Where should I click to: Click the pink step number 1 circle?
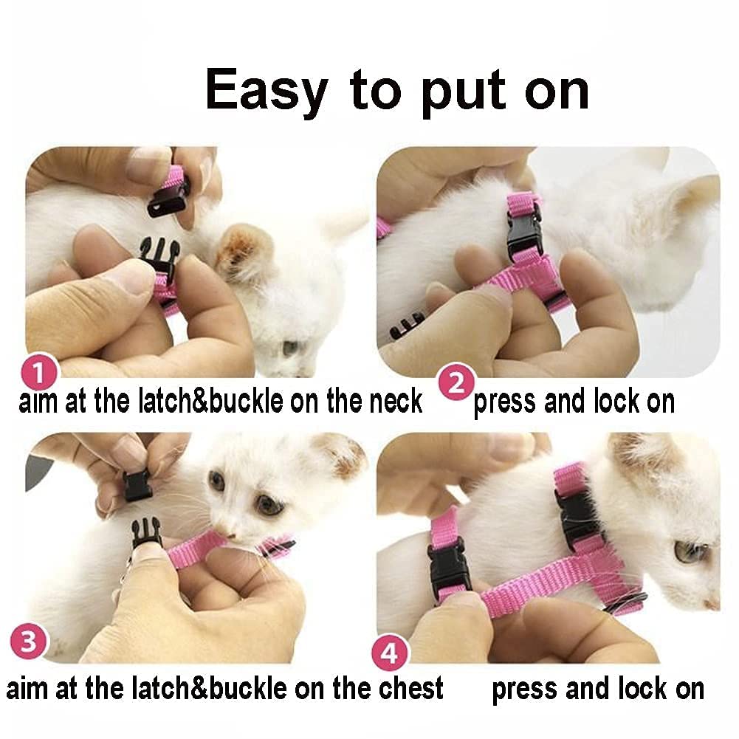click(40, 372)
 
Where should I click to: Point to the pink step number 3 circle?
click(28, 642)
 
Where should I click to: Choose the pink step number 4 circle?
click(390, 653)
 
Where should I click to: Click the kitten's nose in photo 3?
click(230, 535)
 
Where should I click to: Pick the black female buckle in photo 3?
click(137, 486)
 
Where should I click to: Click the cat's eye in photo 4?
click(690, 551)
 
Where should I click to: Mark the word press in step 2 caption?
click(504, 403)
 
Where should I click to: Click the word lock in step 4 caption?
click(641, 689)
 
